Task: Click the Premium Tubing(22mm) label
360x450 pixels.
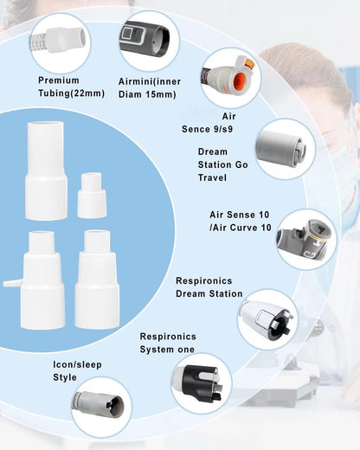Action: pyautogui.click(x=71, y=87)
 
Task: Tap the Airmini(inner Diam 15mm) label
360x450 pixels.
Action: pyautogui.click(x=150, y=87)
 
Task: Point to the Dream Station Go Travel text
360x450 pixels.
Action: pyautogui.click(x=222, y=164)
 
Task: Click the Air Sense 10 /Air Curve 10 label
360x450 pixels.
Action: pyautogui.click(x=241, y=221)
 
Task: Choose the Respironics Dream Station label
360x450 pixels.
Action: pyautogui.click(x=209, y=287)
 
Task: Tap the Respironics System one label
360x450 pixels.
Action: pyautogui.click(x=168, y=343)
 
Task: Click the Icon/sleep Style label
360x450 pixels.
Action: pyautogui.click(x=77, y=370)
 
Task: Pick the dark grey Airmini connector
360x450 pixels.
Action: pyautogui.click(x=145, y=40)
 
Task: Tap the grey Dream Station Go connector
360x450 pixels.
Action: pyautogui.click(x=280, y=149)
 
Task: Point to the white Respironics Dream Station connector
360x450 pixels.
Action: pyautogui.click(x=266, y=319)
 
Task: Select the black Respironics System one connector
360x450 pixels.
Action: pyautogui.click(x=202, y=383)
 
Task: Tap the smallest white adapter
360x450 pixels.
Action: pyautogui.click(x=92, y=196)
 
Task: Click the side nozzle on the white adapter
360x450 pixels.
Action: pyautogui.click(x=13, y=283)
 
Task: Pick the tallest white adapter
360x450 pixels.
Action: pyautogui.click(x=46, y=170)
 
